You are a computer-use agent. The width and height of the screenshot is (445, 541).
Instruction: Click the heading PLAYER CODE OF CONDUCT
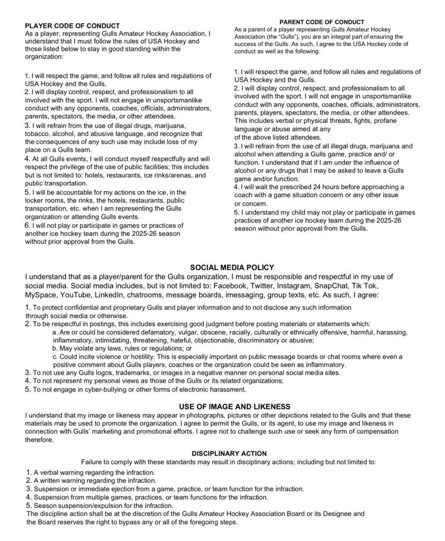click(x=72, y=25)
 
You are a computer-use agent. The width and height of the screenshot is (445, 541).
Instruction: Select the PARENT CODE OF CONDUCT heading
click(x=322, y=22)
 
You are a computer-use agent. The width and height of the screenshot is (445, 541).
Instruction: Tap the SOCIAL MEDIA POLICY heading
click(x=232, y=268)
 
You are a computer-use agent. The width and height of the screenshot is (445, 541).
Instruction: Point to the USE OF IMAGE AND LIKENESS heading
click(x=234, y=406)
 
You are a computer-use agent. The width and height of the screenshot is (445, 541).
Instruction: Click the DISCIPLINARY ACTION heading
click(x=229, y=453)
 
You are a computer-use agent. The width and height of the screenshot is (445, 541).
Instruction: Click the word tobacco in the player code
click(x=38, y=134)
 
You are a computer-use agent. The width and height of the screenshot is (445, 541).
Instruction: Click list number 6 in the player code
click(x=28, y=225)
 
